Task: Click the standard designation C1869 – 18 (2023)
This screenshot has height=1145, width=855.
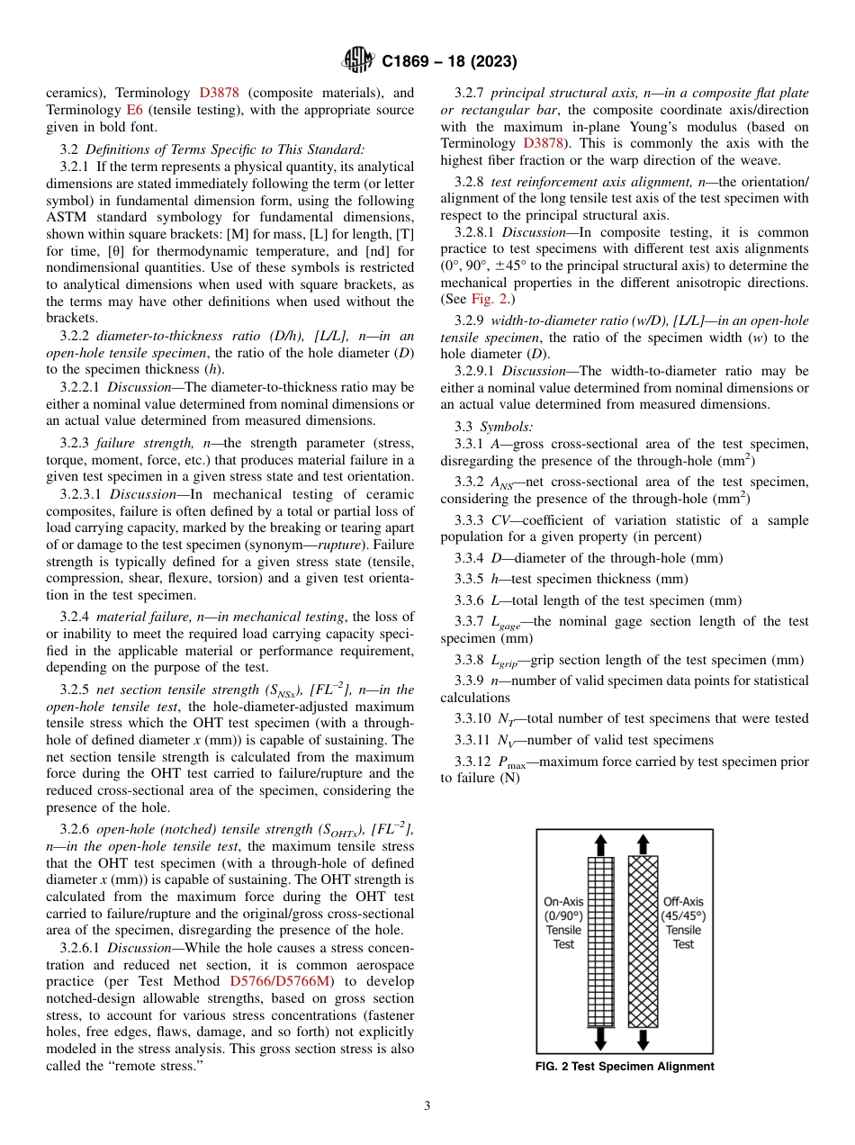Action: pyautogui.click(x=448, y=62)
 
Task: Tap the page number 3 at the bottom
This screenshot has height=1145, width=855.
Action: pyautogui.click(x=427, y=1105)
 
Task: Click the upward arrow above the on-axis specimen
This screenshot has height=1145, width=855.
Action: pyautogui.click(x=600, y=844)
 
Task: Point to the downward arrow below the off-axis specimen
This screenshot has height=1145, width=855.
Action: pyautogui.click(x=643, y=1039)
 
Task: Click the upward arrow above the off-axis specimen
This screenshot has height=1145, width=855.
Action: pyautogui.click(x=643, y=844)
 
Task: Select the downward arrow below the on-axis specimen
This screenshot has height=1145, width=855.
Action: pyautogui.click(x=600, y=1039)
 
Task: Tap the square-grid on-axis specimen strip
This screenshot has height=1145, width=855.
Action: pyautogui.click(x=600, y=941)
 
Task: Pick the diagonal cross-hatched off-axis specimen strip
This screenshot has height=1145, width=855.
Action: pyautogui.click(x=643, y=941)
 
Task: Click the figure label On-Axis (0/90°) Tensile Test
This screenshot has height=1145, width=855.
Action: pyautogui.click(x=563, y=923)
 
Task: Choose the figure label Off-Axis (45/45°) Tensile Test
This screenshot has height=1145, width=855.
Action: pyautogui.click(x=683, y=923)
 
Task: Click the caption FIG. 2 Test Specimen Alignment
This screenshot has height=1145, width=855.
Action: pyautogui.click(x=625, y=1067)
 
